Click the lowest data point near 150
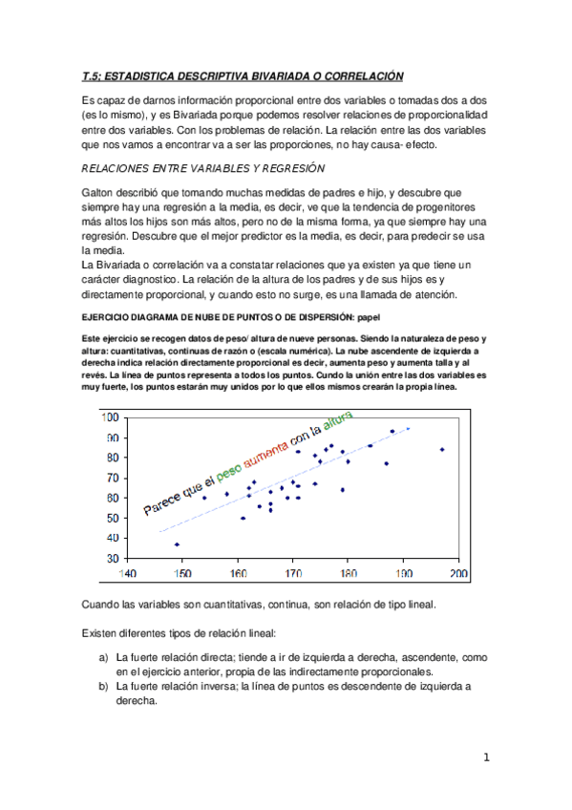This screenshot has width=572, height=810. click(x=177, y=544)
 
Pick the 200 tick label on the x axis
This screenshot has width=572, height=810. click(x=458, y=575)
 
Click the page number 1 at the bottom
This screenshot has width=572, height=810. click(x=486, y=758)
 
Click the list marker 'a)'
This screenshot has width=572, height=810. click(x=103, y=658)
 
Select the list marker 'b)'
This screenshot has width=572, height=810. click(x=103, y=686)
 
